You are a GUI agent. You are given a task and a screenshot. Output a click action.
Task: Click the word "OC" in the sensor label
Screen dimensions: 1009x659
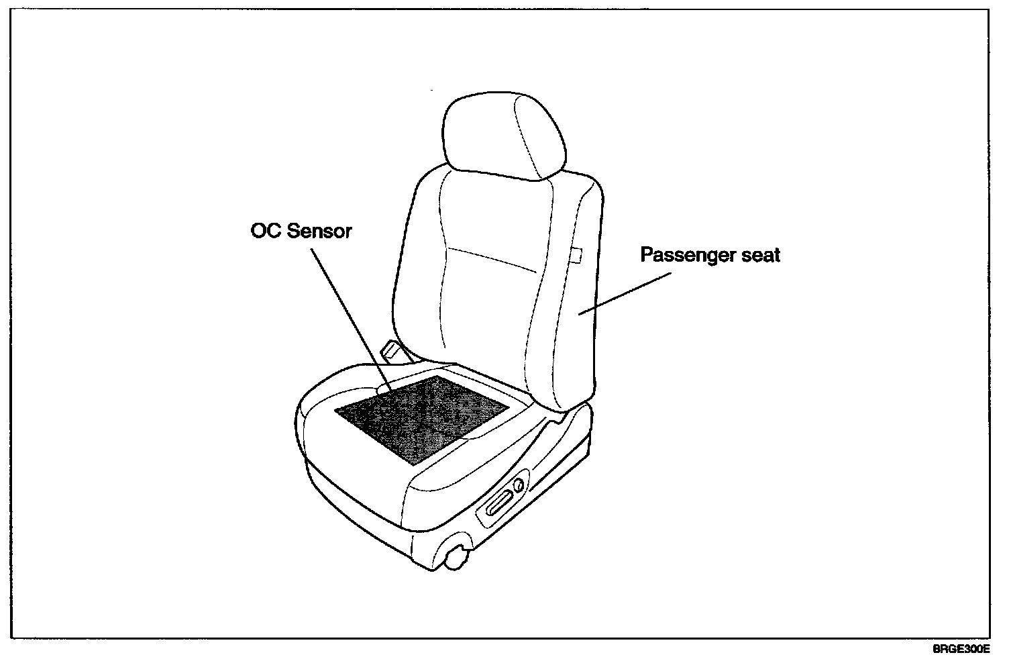(x=266, y=232)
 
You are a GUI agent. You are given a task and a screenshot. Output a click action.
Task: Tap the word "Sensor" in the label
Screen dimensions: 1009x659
(x=319, y=232)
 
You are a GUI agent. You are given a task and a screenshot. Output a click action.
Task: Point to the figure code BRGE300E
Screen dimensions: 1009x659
(x=961, y=649)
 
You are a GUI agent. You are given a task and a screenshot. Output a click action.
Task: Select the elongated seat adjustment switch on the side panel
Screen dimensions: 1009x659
(x=500, y=502)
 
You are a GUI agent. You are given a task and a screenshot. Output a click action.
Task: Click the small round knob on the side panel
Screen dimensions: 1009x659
(x=518, y=485)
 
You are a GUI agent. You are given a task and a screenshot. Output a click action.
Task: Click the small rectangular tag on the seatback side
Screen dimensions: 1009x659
(x=574, y=256)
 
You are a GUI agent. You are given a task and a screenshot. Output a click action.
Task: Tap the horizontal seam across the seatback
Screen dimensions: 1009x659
(x=493, y=260)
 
